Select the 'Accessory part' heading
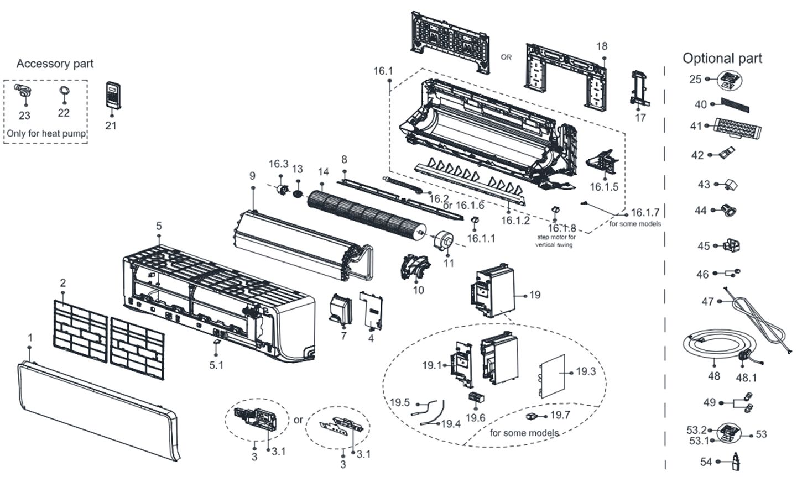(x=55, y=64)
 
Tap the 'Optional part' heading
(x=722, y=58)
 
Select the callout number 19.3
(x=586, y=371)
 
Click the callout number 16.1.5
(x=604, y=187)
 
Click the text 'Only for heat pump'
(x=46, y=134)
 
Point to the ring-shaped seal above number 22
(x=64, y=91)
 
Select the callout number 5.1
(x=216, y=365)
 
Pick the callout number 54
(x=706, y=462)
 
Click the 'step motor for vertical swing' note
(x=555, y=240)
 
